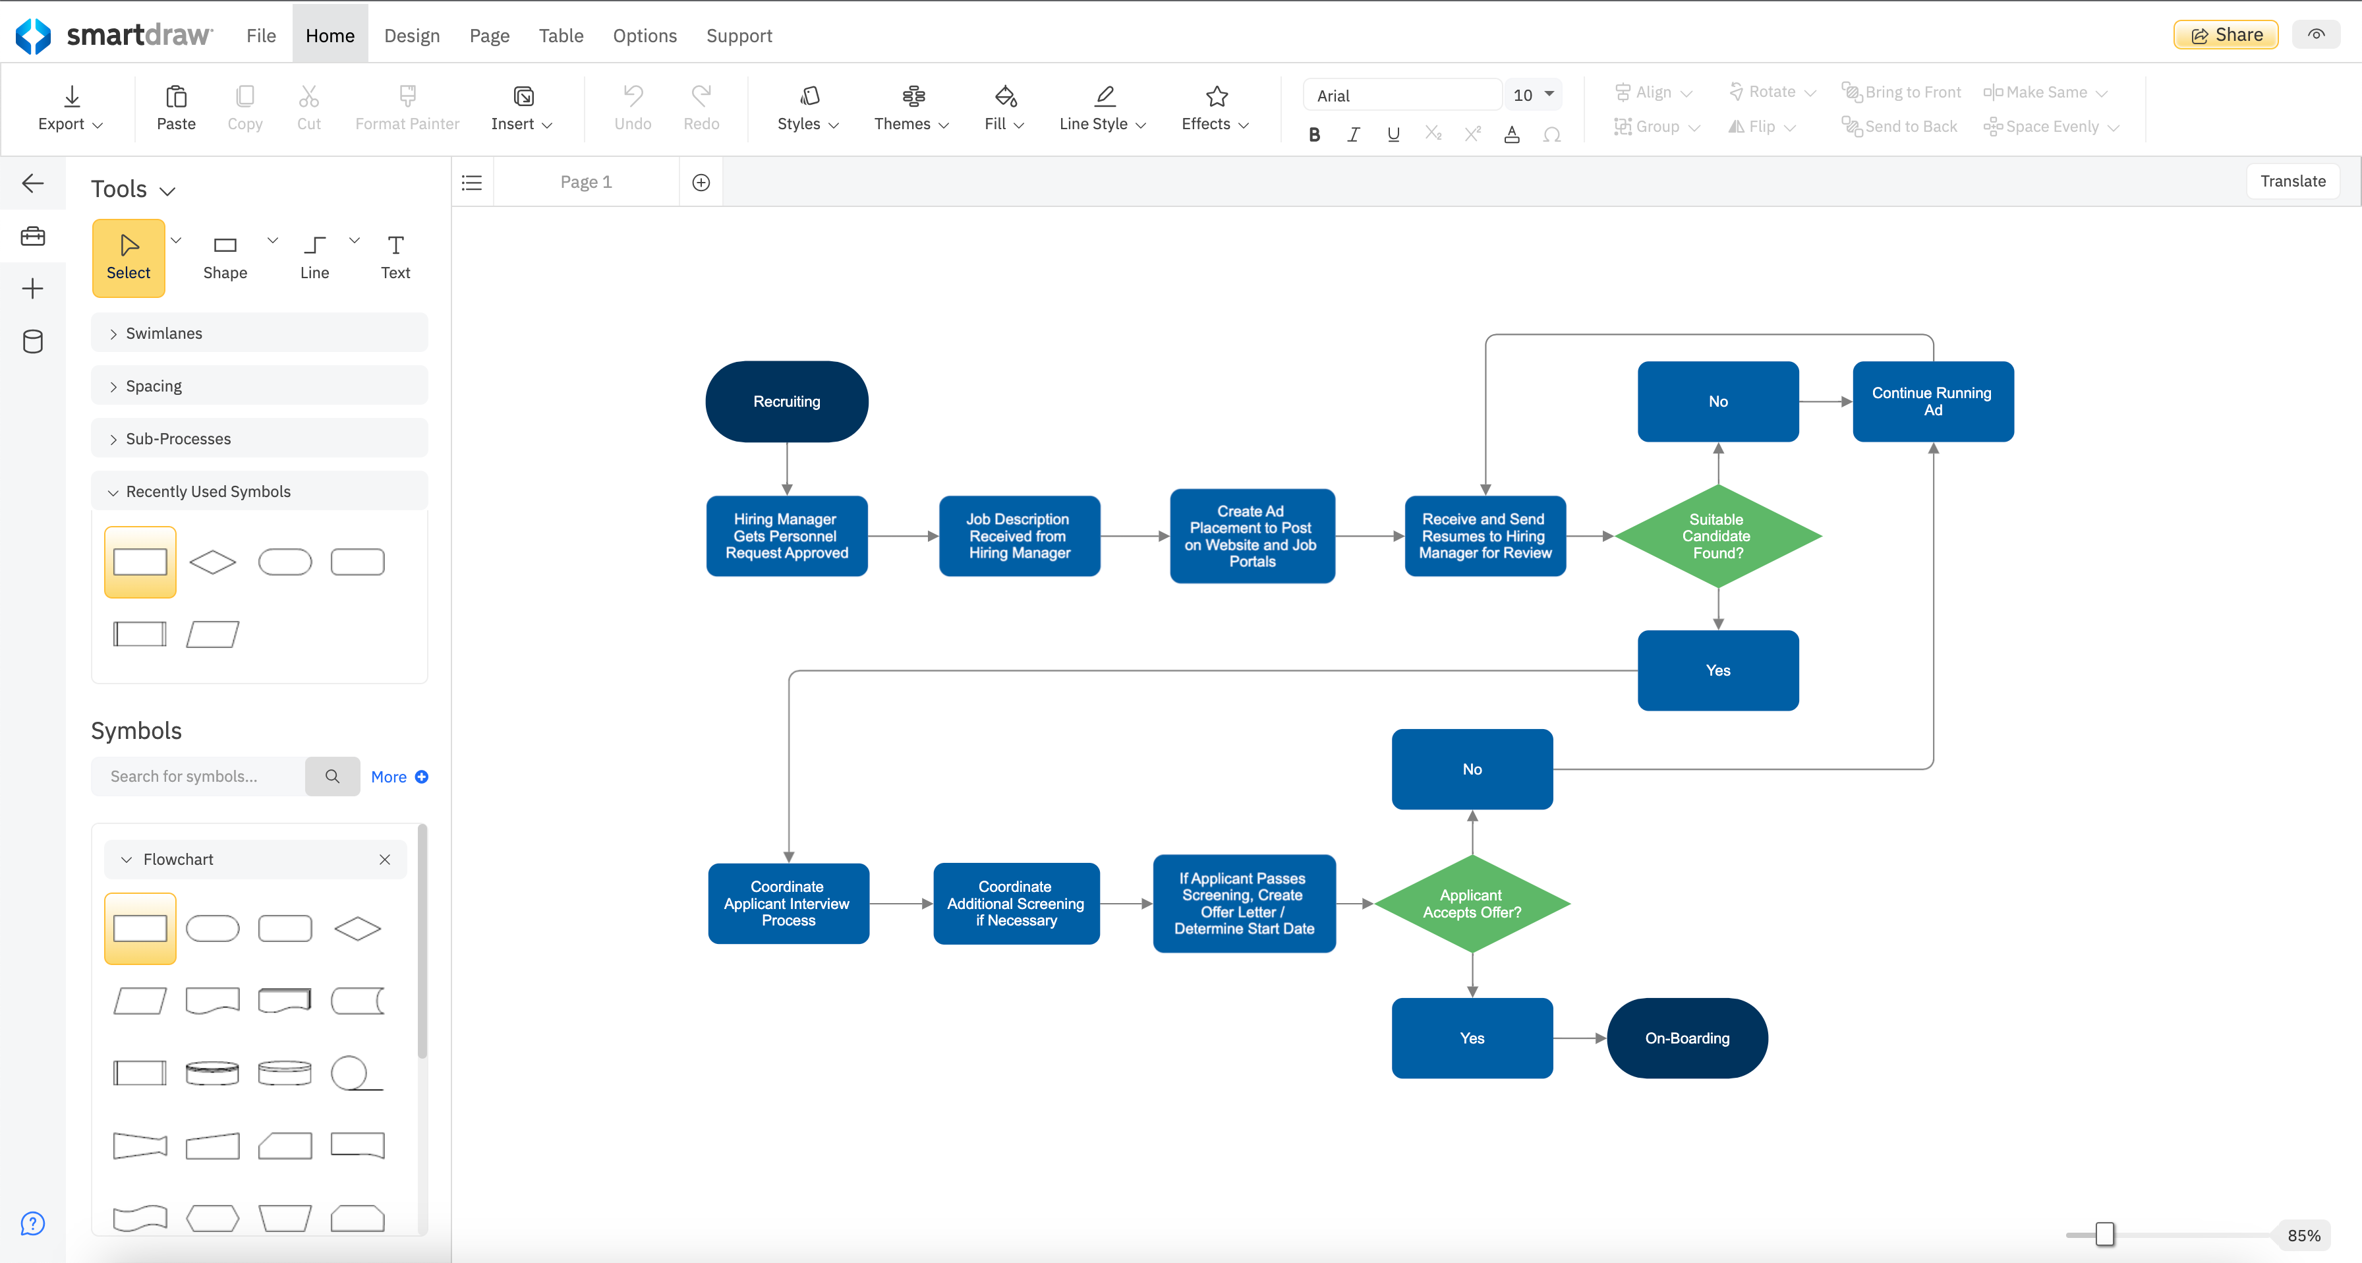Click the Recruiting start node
click(x=786, y=401)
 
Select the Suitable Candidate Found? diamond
click(x=1717, y=536)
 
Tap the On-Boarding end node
click(x=1686, y=1038)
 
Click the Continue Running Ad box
click(x=1932, y=401)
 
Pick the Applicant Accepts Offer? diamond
click(x=1471, y=904)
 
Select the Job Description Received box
click(x=1019, y=536)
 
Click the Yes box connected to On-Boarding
click(x=1471, y=1038)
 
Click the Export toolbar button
click(x=71, y=108)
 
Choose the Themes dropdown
click(x=911, y=108)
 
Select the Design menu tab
click(x=412, y=35)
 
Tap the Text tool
click(x=395, y=257)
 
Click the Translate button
click(x=2291, y=181)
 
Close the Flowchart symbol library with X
click(x=384, y=860)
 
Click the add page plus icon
click(x=701, y=183)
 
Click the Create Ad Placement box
click(x=1252, y=536)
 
